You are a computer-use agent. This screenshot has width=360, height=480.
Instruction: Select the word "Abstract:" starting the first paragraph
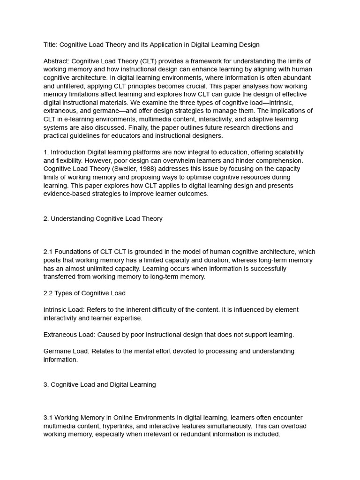56,61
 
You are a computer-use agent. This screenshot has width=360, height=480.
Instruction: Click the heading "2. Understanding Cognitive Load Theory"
103,218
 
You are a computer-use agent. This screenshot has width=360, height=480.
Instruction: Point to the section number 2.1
48,252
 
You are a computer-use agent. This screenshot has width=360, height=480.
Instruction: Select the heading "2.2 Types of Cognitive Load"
84,293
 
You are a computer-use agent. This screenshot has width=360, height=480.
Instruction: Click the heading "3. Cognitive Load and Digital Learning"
99,384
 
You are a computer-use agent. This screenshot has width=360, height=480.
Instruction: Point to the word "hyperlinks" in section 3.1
127,426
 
